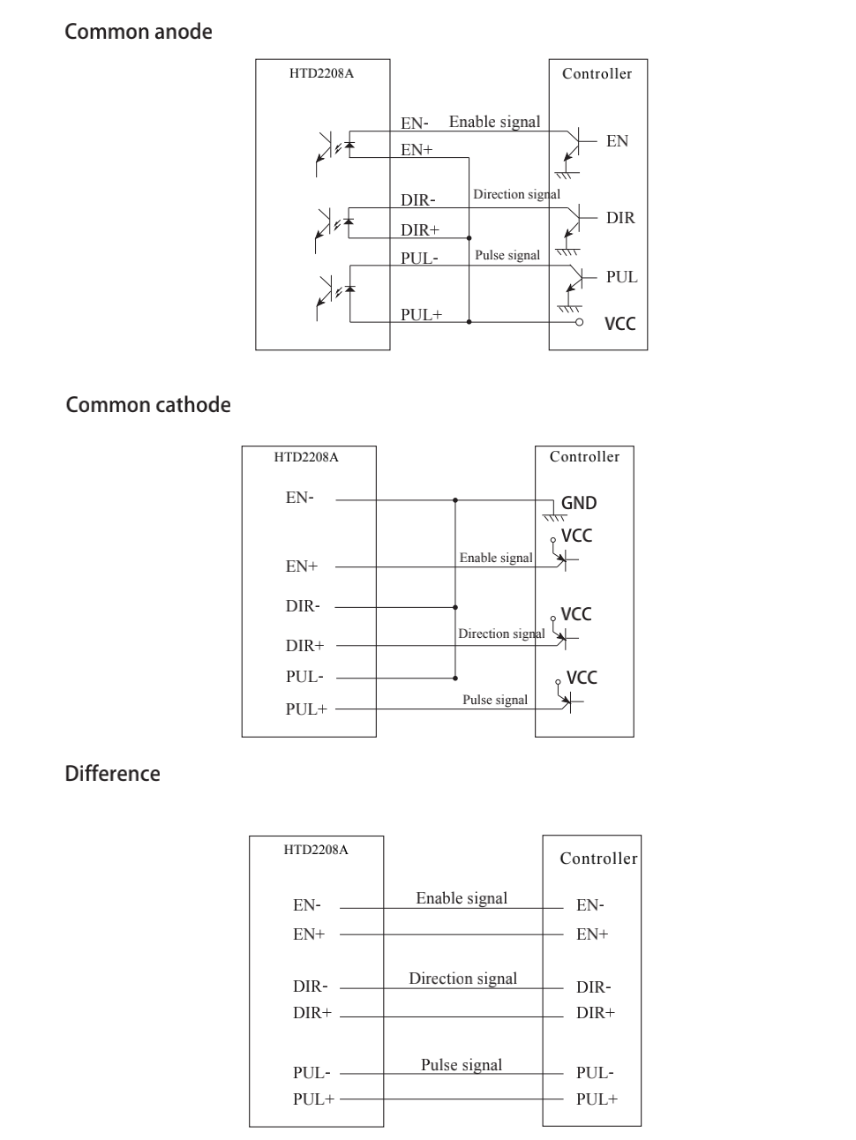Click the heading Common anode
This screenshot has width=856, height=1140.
coord(139,32)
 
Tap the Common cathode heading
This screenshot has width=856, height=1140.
coord(148,405)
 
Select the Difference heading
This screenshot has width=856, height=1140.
coord(112,773)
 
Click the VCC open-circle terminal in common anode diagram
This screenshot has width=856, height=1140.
coord(579,322)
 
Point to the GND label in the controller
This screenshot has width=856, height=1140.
coord(579,503)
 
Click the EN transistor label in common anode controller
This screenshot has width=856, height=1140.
coord(617,141)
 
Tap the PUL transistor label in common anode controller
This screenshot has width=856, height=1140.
coord(622,277)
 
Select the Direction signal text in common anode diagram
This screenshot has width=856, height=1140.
coord(516,194)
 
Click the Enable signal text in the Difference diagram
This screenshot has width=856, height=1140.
coord(462,898)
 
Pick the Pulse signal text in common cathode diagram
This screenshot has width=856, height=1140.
coord(495,700)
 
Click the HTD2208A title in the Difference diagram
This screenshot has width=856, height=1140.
coord(316,850)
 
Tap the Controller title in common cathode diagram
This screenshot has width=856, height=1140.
coord(584,456)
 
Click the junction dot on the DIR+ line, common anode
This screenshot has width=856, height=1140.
coord(469,238)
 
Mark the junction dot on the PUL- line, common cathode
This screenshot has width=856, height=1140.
coord(455,678)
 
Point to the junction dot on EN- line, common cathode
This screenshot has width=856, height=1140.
coord(455,500)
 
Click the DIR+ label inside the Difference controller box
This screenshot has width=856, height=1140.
coord(596,1012)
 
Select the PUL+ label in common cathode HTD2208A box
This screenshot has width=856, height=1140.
coord(306,709)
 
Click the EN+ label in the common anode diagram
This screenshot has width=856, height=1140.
coord(417,150)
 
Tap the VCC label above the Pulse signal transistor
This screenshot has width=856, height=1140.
coord(582,678)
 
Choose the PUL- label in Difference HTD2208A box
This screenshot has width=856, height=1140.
coord(312,1072)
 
